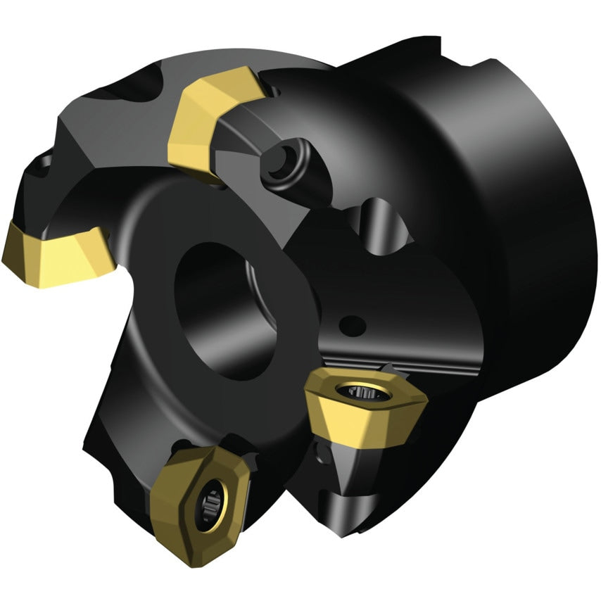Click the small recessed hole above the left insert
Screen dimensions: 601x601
[42, 166]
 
